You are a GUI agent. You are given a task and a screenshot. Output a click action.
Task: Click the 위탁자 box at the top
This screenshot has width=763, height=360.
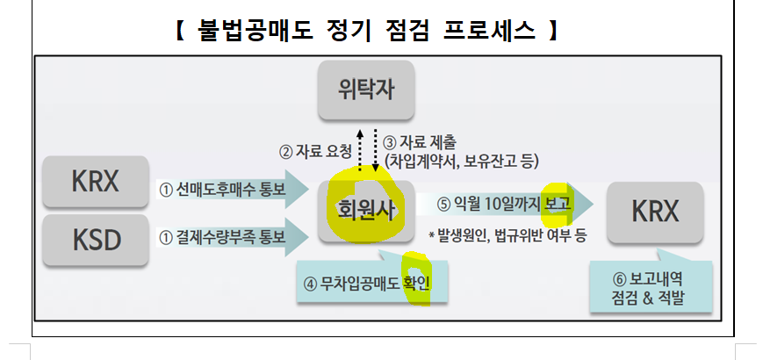pyautogui.click(x=365, y=90)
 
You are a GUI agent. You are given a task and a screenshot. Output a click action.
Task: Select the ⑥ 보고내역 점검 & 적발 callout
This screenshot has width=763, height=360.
pyautogui.click(x=648, y=288)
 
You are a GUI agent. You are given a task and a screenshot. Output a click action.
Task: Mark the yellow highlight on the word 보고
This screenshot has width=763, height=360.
pyautogui.click(x=557, y=202)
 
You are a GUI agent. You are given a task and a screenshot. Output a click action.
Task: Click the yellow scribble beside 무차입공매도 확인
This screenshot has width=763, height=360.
pyautogui.click(x=414, y=279)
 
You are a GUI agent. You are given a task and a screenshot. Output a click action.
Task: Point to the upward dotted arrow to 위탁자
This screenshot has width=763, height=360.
pyautogui.click(x=362, y=148)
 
